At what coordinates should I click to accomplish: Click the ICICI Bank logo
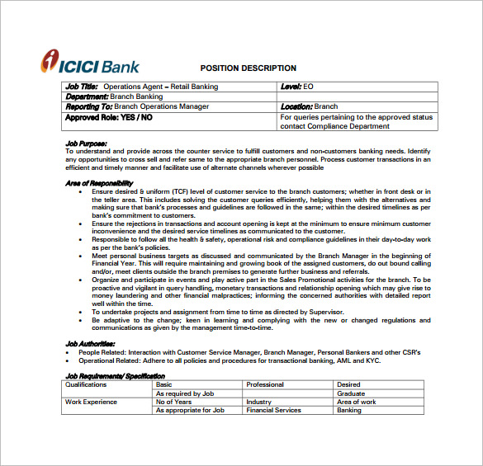[x=91, y=64]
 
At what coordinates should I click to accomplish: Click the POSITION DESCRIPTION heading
[x=249, y=68]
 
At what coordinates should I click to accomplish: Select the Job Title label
[x=82, y=87]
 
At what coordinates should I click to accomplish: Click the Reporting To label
[x=89, y=106]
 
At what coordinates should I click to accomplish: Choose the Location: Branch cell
[x=309, y=106]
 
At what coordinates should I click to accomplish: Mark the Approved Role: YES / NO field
[x=108, y=117]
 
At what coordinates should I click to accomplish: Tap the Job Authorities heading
[x=90, y=343]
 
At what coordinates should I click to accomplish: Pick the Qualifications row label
[x=87, y=384]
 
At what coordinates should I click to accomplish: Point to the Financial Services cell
[x=273, y=410]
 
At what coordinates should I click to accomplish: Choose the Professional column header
[x=264, y=384]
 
